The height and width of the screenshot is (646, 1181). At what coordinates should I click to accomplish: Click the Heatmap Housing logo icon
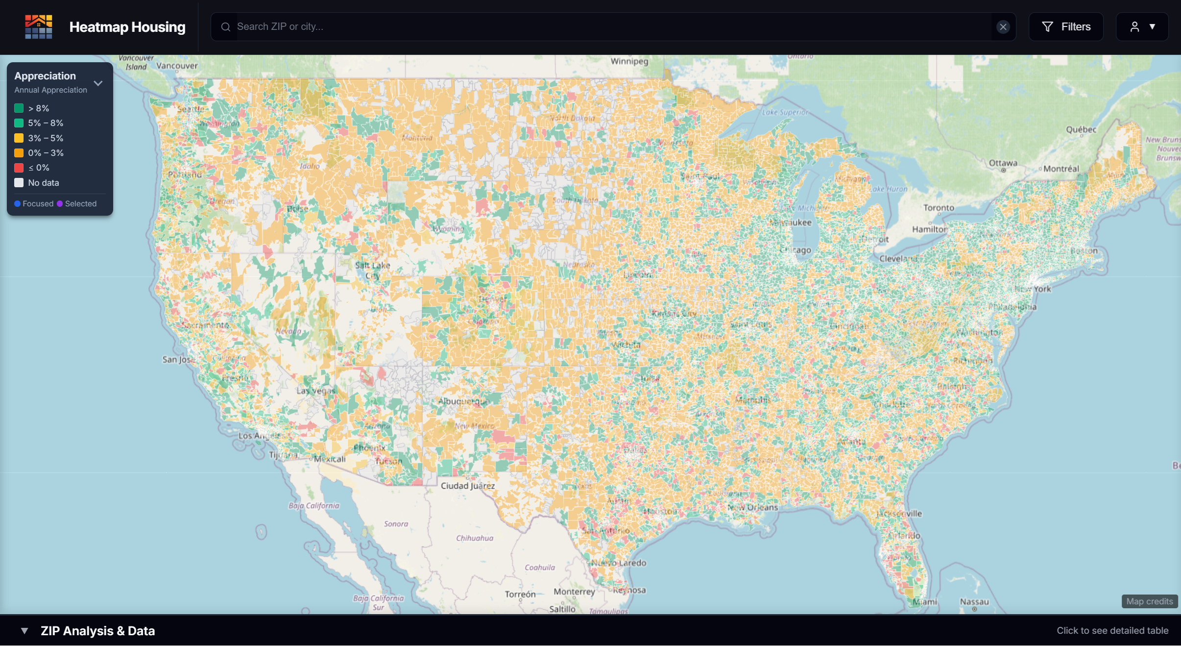click(39, 27)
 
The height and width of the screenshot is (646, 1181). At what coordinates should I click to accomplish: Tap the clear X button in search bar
click(1003, 27)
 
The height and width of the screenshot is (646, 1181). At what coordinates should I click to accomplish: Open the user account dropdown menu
click(1142, 27)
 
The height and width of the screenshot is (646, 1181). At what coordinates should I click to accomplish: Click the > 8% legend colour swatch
click(19, 108)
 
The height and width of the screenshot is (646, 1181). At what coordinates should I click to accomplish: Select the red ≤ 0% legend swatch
click(19, 168)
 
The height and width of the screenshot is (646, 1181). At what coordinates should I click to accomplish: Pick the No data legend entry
click(43, 183)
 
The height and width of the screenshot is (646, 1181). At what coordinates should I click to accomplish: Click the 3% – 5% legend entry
click(45, 138)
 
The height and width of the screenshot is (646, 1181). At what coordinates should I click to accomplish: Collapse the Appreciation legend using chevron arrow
click(98, 83)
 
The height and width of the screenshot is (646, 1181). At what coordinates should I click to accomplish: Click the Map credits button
click(1149, 601)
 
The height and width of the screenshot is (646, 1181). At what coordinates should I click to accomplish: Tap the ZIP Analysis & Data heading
click(97, 631)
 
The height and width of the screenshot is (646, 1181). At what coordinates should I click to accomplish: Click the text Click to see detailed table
click(1112, 631)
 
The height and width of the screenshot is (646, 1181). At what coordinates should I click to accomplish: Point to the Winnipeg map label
click(629, 61)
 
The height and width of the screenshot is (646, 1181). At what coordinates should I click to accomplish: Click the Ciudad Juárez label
click(467, 486)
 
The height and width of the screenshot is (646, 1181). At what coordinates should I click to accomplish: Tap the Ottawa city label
click(1003, 163)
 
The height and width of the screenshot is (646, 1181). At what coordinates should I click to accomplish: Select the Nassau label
click(974, 602)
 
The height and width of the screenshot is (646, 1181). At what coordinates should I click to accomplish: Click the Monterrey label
click(574, 592)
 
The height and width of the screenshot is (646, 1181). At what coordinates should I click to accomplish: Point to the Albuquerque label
click(463, 401)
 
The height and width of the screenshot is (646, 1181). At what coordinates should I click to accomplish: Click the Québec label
click(1081, 129)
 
